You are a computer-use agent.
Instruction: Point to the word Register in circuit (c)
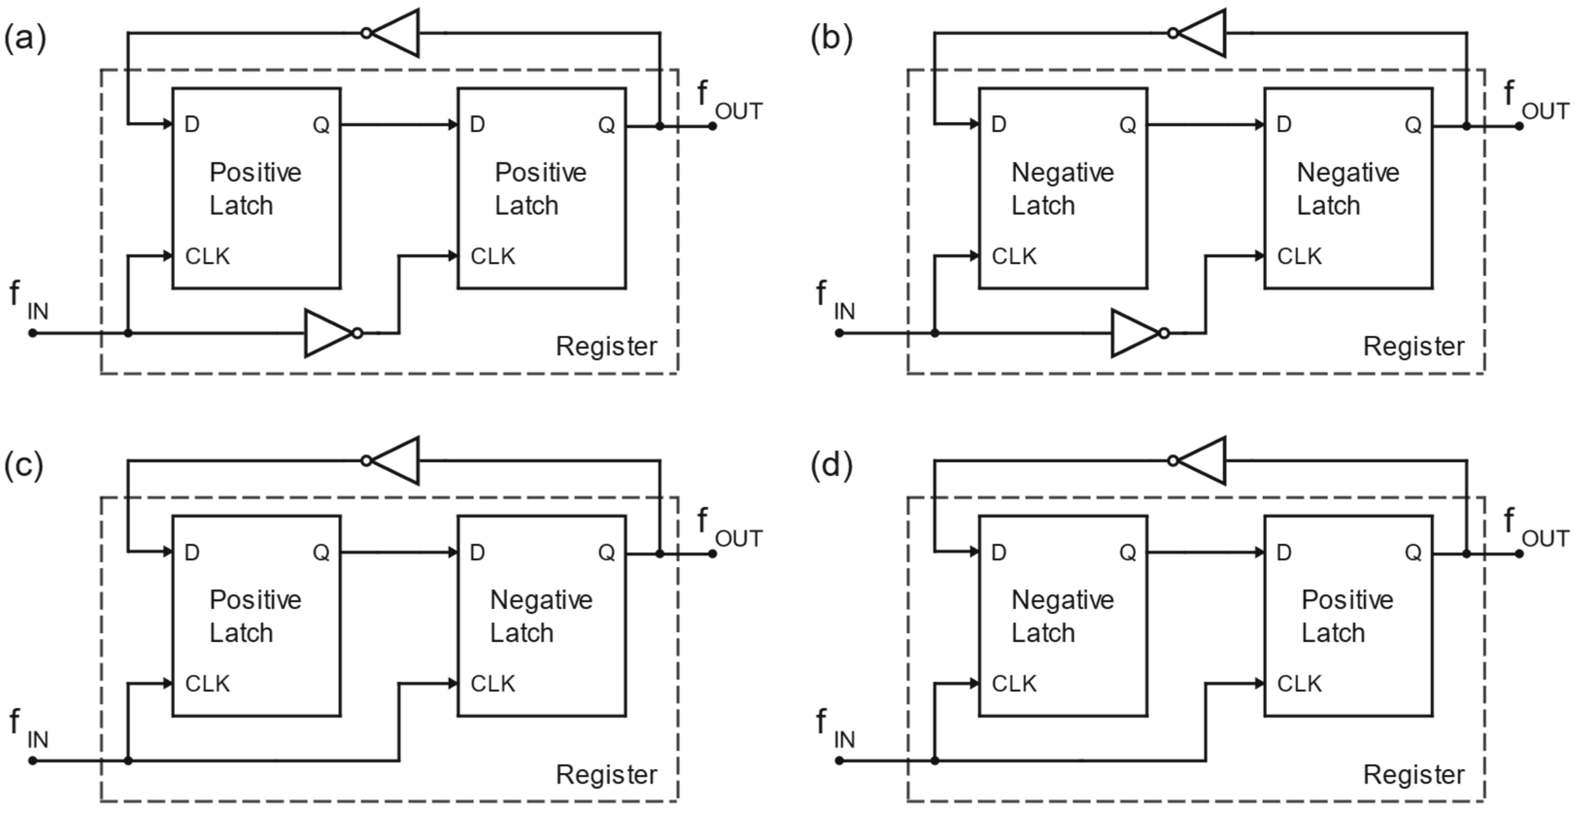coord(606,774)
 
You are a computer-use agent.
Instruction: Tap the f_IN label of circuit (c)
coord(28,729)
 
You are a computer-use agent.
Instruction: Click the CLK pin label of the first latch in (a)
coord(207,256)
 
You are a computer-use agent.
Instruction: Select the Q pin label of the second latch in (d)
coord(1413,553)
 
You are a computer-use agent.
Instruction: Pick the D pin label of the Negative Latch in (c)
coord(477,553)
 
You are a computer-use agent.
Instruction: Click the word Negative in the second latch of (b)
coord(1348,172)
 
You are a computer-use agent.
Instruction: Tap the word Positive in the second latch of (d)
coord(1347,600)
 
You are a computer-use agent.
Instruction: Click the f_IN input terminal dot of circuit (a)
coord(33,333)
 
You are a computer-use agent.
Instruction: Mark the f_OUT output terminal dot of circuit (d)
coord(1519,553)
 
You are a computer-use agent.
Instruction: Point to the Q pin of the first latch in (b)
coord(1127,125)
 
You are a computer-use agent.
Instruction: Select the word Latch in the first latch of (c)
coord(241,632)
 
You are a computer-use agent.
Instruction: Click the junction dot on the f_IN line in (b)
coord(934,333)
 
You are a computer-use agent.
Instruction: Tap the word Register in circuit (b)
coord(1413,347)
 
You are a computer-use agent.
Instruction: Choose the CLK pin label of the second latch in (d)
coord(1299,683)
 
